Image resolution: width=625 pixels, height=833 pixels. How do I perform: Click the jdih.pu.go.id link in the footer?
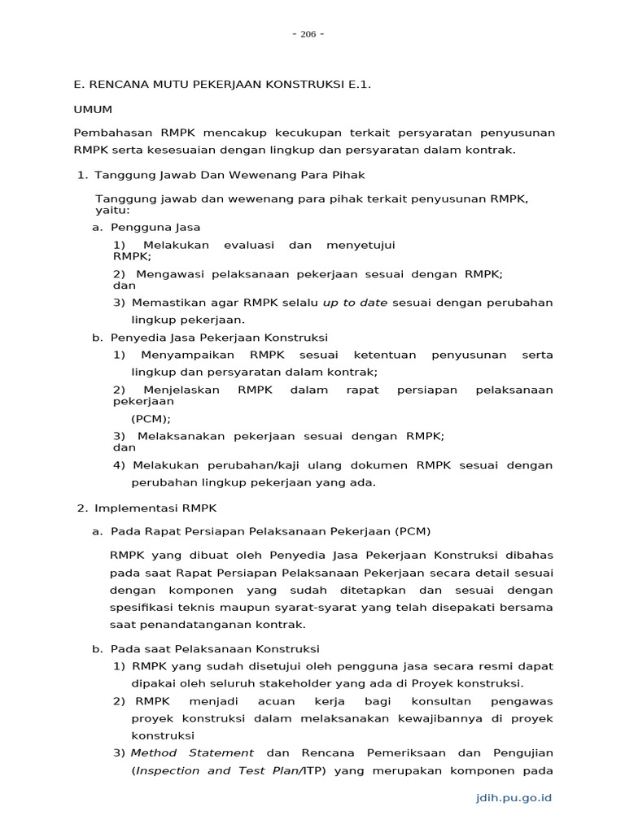pyautogui.click(x=514, y=797)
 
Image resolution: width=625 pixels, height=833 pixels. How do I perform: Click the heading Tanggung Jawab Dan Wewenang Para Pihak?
pyautogui.click(x=229, y=175)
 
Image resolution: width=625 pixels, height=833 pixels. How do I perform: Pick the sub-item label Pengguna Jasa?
pyautogui.click(x=155, y=227)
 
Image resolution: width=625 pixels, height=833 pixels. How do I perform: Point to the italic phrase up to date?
pyautogui.click(x=355, y=303)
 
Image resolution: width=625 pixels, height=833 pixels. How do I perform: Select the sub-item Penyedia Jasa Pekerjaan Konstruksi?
pyautogui.click(x=219, y=338)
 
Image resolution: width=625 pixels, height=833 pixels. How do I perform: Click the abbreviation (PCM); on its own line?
pyautogui.click(x=151, y=419)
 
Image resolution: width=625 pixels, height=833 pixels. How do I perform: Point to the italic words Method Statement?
pyautogui.click(x=192, y=753)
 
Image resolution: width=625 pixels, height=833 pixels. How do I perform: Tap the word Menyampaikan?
pyautogui.click(x=187, y=355)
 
